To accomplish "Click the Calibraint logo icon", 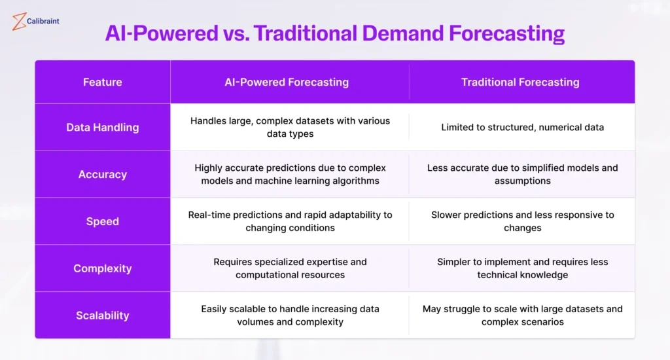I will [x=19, y=22].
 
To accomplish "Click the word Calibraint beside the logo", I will [x=43, y=22].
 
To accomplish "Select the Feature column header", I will [x=103, y=82].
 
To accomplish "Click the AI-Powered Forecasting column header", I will [x=290, y=82].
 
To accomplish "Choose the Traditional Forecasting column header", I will [x=520, y=82].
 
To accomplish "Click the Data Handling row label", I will [x=103, y=127].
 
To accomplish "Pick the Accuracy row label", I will [x=103, y=174].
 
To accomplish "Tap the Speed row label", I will [x=103, y=221].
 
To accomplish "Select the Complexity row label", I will [x=103, y=268].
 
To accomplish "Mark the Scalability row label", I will [x=103, y=315].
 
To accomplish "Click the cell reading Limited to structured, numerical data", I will [x=522, y=127].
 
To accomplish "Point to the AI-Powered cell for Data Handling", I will [x=290, y=127].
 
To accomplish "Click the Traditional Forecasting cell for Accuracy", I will [x=522, y=174].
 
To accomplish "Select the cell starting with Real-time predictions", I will [x=290, y=221].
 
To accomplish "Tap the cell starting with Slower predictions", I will [x=522, y=221].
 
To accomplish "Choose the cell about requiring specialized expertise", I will [x=290, y=268].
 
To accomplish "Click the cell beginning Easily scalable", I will [x=290, y=315].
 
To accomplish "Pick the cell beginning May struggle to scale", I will [x=522, y=315].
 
